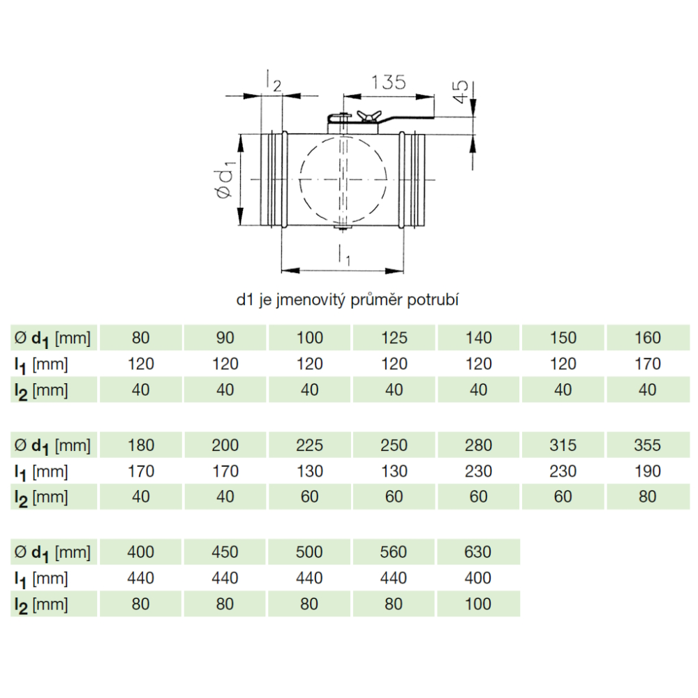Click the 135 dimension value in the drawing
(388, 82)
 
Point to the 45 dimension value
(461, 91)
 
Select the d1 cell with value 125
(394, 338)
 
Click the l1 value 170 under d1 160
(647, 364)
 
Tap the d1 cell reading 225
(309, 445)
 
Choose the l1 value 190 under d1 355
(647, 471)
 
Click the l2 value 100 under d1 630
(477, 604)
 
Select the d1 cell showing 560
(394, 552)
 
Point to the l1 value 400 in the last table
(477, 578)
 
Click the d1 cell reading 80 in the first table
(141, 338)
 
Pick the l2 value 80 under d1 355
(647, 497)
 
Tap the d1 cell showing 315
(563, 445)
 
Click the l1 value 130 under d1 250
(394, 471)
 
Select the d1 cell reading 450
(225, 552)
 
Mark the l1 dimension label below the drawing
(344, 255)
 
